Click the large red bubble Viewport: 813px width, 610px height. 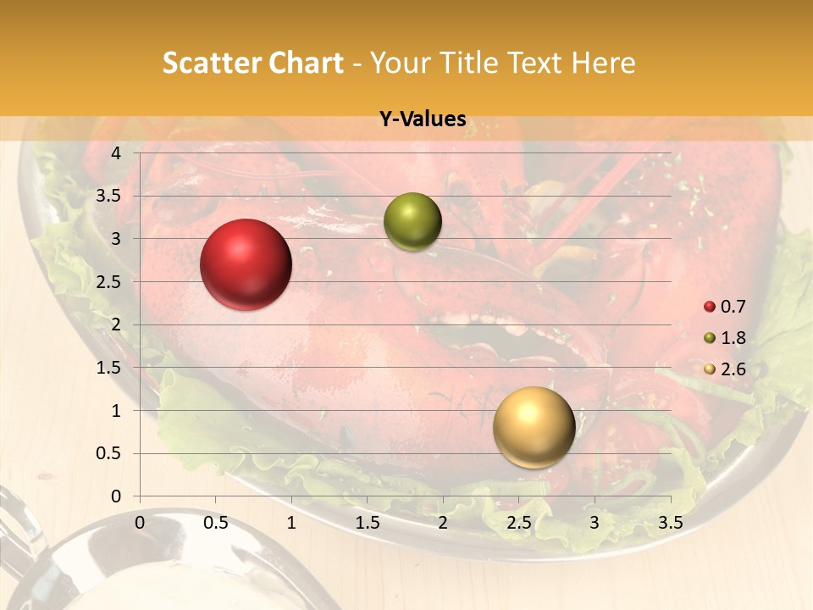[x=246, y=264]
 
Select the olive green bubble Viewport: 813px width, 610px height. [x=412, y=221]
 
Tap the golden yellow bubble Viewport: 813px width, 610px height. [x=534, y=427]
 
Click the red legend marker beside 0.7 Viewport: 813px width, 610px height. [x=710, y=307]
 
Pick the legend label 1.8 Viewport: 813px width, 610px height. [x=733, y=338]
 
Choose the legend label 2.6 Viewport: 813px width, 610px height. [x=733, y=369]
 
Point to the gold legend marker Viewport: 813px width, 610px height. [x=710, y=369]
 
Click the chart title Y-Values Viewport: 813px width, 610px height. [x=423, y=119]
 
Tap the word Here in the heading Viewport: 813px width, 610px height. [x=603, y=63]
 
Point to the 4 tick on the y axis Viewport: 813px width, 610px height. [x=117, y=153]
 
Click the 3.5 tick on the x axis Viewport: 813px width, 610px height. [x=670, y=523]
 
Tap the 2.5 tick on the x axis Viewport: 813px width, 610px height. [x=518, y=523]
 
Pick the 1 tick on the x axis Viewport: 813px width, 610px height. [x=291, y=523]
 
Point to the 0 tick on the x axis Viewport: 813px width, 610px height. [x=140, y=523]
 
